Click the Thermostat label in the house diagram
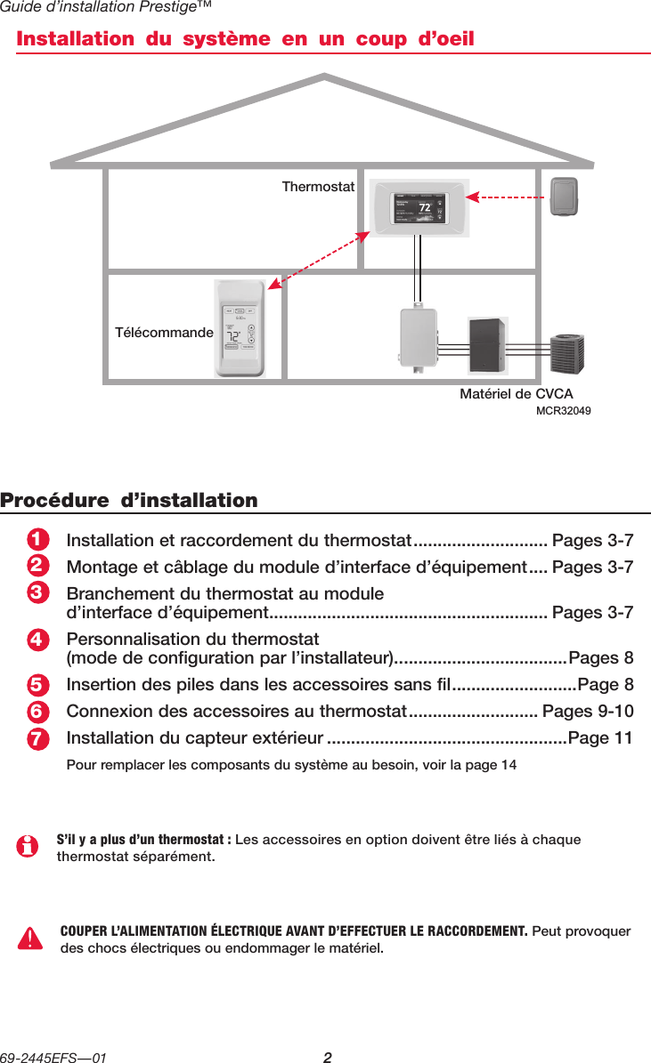pyautogui.click(x=318, y=188)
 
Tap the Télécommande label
pyautogui.click(x=164, y=333)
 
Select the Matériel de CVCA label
pyautogui.click(x=516, y=394)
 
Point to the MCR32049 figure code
pyautogui.click(x=564, y=411)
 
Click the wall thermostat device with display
pyautogui.click(x=417, y=209)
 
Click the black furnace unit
pyautogui.click(x=489, y=343)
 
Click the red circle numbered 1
pyautogui.click(x=37, y=541)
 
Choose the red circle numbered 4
pyautogui.click(x=37, y=640)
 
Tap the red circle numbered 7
pyautogui.click(x=37, y=740)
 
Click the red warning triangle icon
pyautogui.click(x=30, y=938)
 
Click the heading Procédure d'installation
pyautogui.click(x=129, y=500)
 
